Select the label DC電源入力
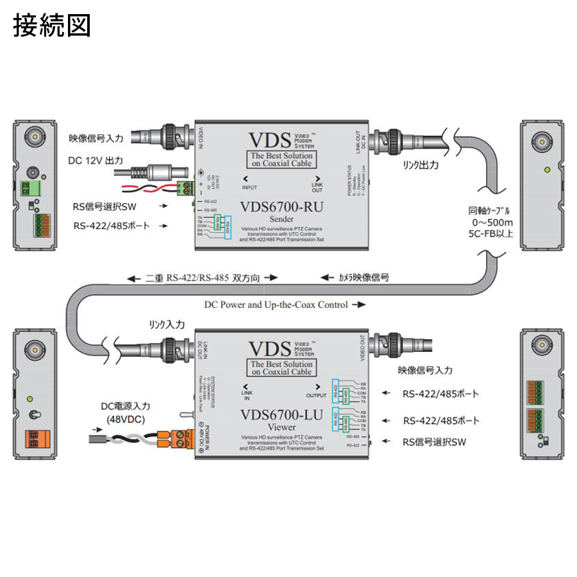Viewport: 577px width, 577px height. click(127, 406)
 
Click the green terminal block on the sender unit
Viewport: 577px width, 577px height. click(187, 187)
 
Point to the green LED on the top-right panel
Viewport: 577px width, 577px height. click(546, 170)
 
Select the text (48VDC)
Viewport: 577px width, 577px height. click(127, 419)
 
